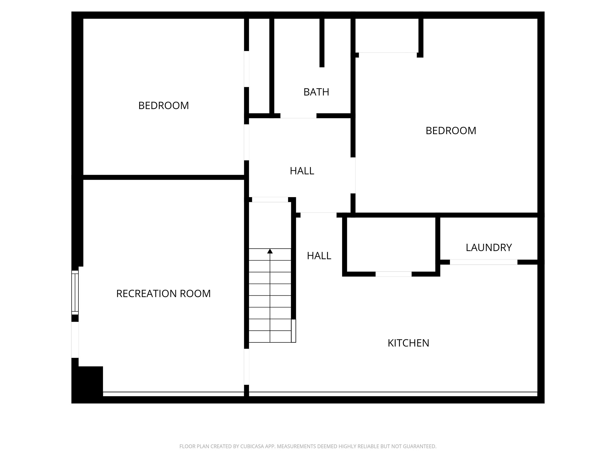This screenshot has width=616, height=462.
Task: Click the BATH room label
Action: [x=316, y=92]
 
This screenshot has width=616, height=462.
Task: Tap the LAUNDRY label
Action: [x=489, y=248]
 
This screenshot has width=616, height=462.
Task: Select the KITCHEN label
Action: [x=408, y=343]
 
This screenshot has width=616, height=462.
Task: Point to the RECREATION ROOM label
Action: [x=163, y=293]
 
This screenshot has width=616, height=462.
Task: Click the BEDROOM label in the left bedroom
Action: [x=164, y=106]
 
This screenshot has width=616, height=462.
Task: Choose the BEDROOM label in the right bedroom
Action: [x=451, y=131]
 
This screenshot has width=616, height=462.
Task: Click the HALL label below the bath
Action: [x=302, y=171]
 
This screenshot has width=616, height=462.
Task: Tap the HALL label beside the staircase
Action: [x=319, y=256]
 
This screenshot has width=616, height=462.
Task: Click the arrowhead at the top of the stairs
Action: [x=270, y=251]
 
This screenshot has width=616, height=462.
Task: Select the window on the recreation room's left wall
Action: [x=75, y=292]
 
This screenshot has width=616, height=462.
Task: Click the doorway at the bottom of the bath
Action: [x=298, y=116]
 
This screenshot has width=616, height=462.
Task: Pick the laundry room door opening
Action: [x=483, y=262]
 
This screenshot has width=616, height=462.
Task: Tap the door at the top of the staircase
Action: [x=270, y=200]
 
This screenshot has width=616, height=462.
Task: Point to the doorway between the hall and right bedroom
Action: [x=353, y=175]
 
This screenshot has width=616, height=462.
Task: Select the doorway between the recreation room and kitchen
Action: [x=246, y=367]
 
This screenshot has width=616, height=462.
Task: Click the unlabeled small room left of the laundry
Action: [x=391, y=244]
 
